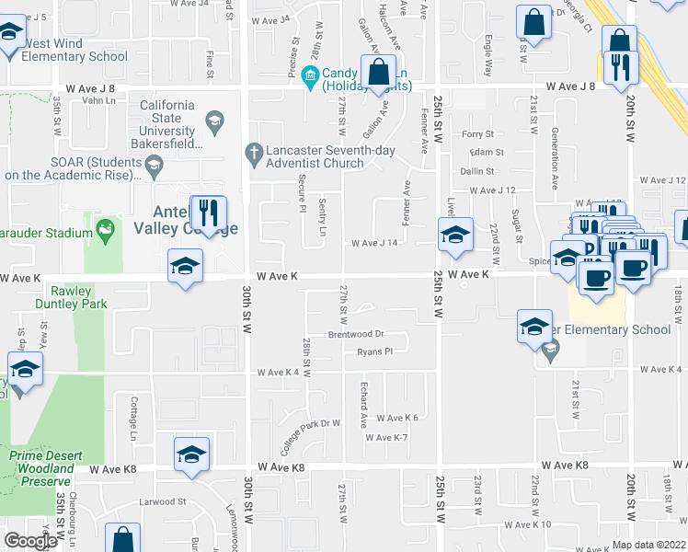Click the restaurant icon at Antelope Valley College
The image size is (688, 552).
(x=209, y=213)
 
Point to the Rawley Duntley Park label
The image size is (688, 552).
(x=72, y=297)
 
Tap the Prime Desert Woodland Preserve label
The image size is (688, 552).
(x=40, y=468)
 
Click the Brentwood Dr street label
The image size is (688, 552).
(x=356, y=335)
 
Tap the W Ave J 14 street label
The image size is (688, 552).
(x=374, y=244)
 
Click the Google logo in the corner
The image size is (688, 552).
(x=30, y=541)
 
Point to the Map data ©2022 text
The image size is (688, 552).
(x=648, y=545)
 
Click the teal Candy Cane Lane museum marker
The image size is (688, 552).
(x=311, y=74)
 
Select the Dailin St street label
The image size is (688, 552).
(x=477, y=171)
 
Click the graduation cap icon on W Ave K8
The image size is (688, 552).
(x=191, y=454)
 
